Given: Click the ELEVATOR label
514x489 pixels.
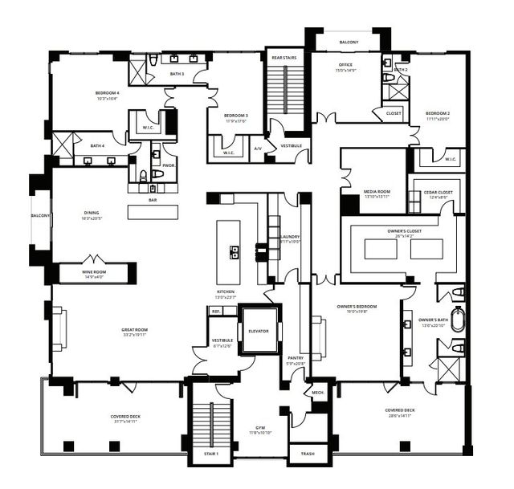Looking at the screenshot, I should click(x=259, y=332).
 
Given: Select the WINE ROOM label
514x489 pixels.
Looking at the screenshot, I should click(x=93, y=271).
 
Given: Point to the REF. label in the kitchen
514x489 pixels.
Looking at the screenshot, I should click(x=216, y=311).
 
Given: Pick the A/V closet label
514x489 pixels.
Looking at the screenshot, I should click(x=258, y=149).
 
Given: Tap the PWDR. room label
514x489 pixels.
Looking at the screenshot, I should click(x=169, y=165).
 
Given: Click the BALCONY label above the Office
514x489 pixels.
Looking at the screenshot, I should click(x=349, y=42).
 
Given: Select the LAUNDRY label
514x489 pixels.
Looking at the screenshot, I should click(x=290, y=237).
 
